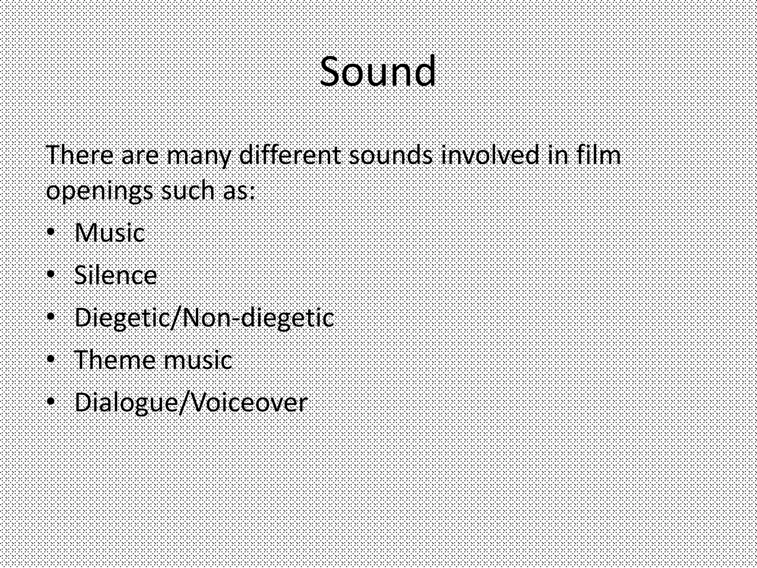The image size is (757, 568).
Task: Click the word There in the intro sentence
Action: (79, 155)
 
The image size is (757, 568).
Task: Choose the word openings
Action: (99, 192)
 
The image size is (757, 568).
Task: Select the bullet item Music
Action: (109, 233)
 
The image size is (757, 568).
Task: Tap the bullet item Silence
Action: (115, 275)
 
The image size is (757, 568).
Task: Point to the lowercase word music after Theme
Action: (198, 360)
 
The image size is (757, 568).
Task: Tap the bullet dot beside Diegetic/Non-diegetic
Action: (51, 317)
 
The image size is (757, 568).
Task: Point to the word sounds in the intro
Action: (391, 155)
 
